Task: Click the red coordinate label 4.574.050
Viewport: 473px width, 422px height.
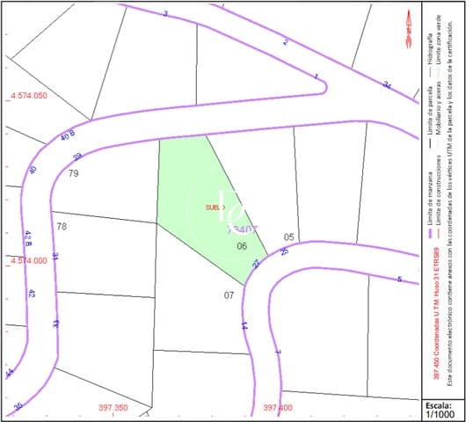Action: point(27,95)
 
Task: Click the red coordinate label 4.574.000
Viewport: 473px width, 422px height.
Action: point(28,261)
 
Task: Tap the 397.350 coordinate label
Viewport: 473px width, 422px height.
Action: point(113,408)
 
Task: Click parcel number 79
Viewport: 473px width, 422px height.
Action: point(74,173)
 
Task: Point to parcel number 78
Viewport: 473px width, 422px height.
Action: point(62,227)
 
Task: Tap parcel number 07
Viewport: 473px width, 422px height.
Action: point(229,295)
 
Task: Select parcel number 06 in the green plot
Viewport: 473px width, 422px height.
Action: point(242,246)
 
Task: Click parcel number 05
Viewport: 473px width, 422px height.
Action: point(288,237)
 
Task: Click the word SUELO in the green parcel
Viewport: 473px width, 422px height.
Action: point(215,207)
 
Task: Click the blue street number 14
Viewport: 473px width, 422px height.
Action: point(244,324)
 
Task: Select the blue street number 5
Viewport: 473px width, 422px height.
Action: point(399,280)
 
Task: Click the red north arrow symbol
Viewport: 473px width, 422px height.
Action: point(409,28)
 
